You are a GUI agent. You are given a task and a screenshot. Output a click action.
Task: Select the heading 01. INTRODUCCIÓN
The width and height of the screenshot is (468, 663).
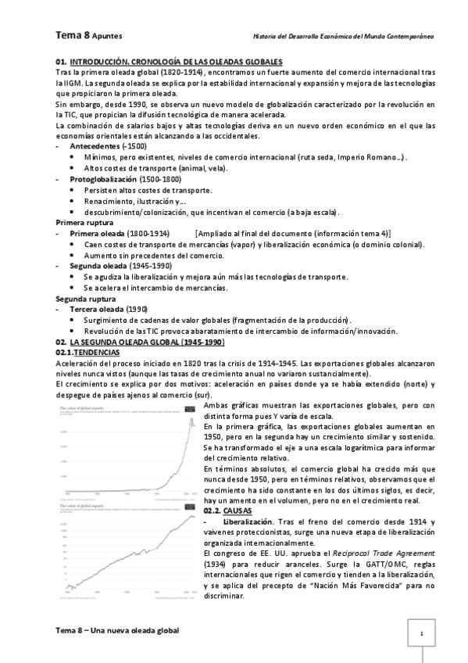(100, 61)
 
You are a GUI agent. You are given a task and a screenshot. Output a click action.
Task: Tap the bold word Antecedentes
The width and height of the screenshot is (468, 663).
(95, 146)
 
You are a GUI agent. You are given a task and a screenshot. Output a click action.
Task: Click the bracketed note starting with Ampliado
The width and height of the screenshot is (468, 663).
(294, 234)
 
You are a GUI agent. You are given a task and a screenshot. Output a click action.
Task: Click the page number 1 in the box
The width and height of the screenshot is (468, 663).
(422, 633)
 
